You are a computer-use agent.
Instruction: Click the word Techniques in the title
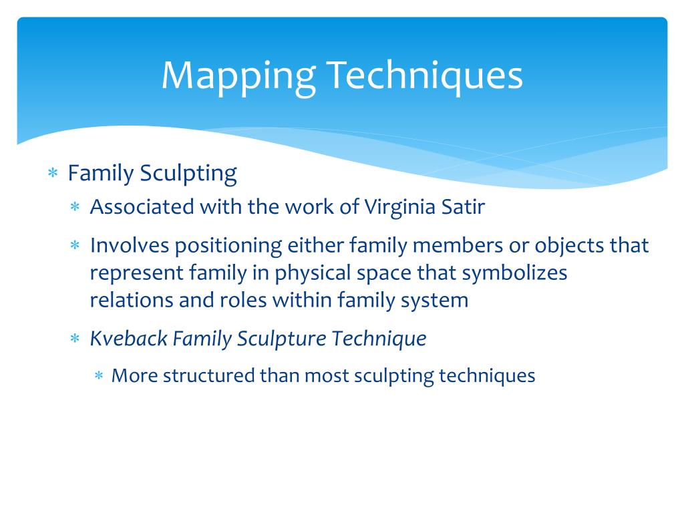[x=424, y=76]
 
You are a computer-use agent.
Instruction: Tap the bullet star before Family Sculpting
[x=53, y=174]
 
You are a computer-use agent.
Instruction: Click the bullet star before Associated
[x=75, y=208]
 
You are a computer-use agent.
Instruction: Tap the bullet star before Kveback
[x=75, y=340]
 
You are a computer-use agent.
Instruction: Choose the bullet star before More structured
[x=98, y=376]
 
